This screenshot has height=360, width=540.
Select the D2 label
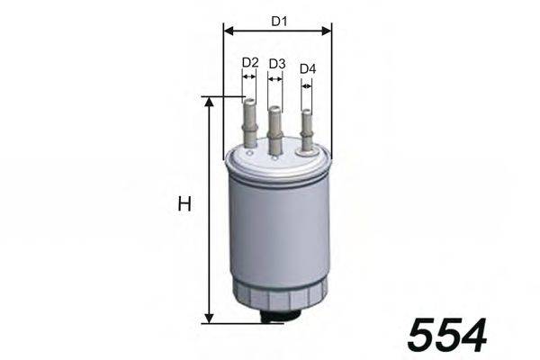[250, 63]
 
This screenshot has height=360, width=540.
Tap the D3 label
[276, 64]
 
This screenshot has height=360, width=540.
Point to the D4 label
[308, 69]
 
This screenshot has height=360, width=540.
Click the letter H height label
[184, 205]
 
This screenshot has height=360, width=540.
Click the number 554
[447, 335]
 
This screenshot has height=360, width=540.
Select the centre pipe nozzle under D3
[275, 130]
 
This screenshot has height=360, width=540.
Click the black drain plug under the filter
[282, 314]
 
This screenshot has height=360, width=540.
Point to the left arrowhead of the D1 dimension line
[227, 30]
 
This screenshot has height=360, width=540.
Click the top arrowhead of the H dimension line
[209, 102]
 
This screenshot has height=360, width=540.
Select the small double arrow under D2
[250, 77]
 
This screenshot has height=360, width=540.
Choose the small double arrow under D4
[307, 85]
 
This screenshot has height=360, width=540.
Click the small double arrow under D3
[275, 78]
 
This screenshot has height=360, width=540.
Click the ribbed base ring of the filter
[278, 291]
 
